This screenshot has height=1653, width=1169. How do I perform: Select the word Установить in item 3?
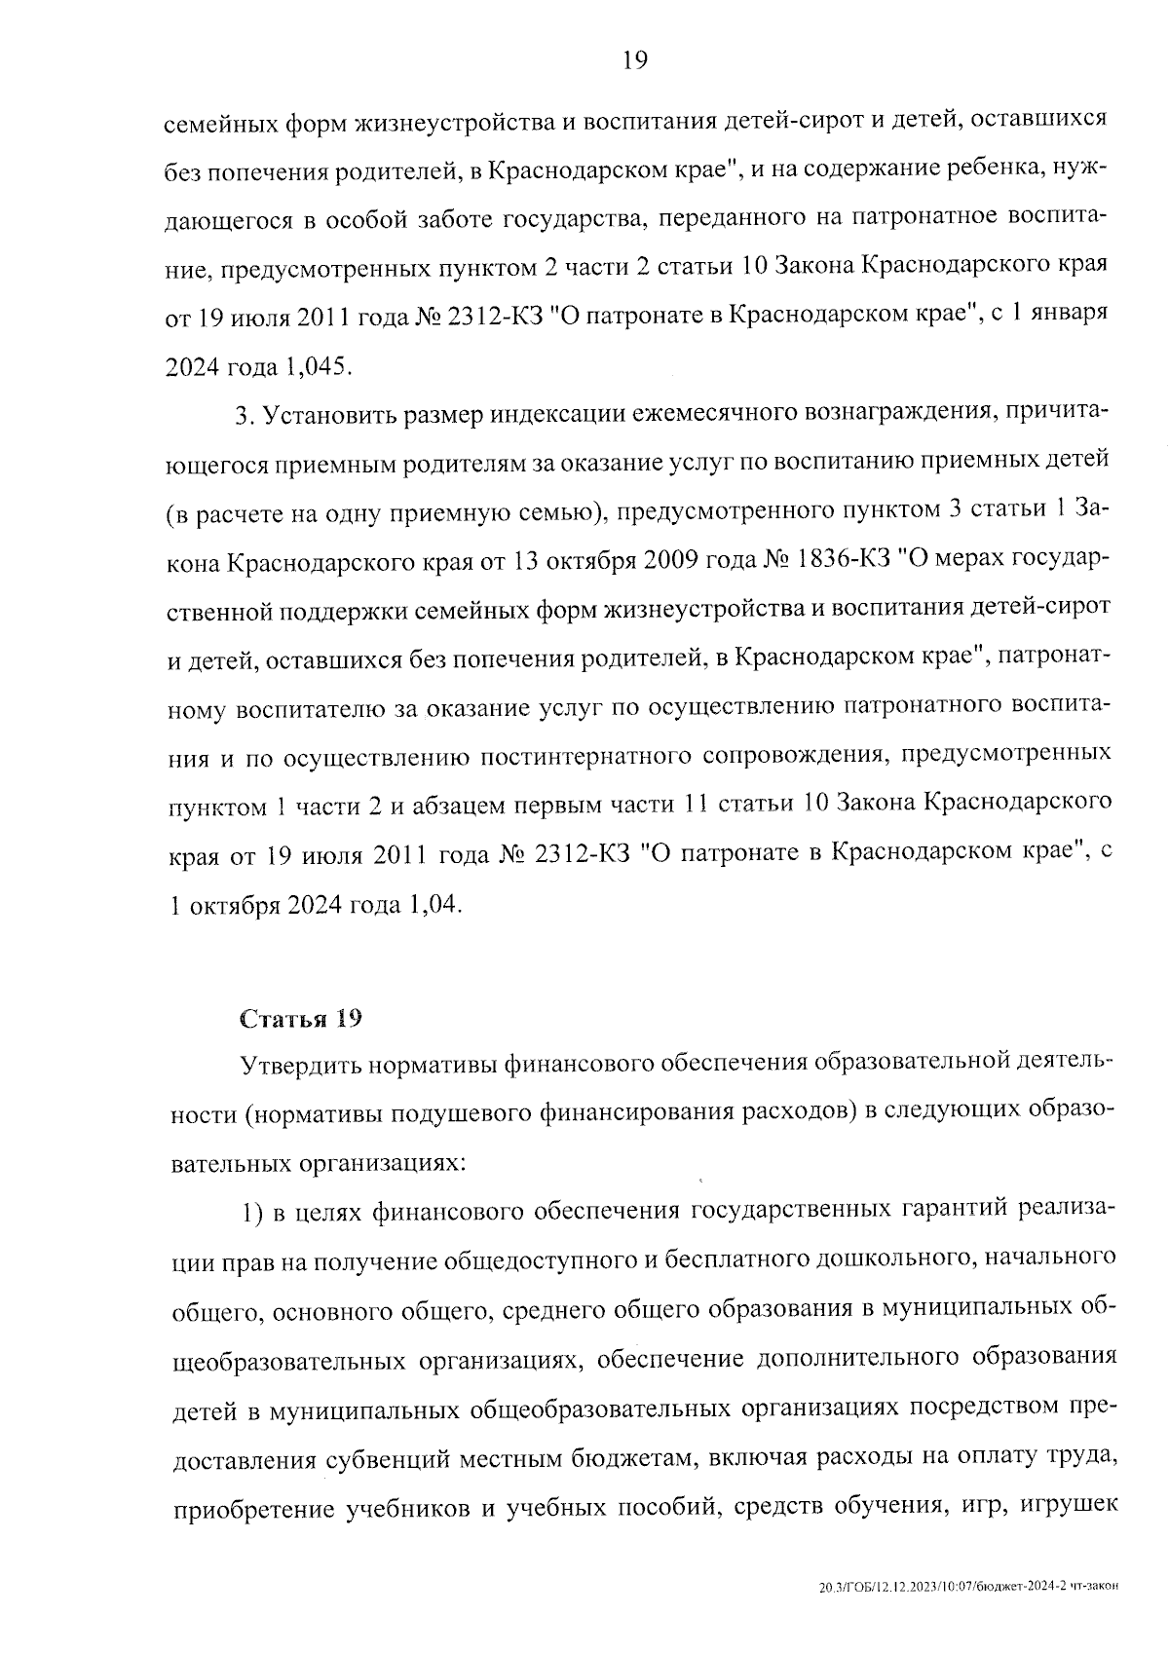tap(321, 416)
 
